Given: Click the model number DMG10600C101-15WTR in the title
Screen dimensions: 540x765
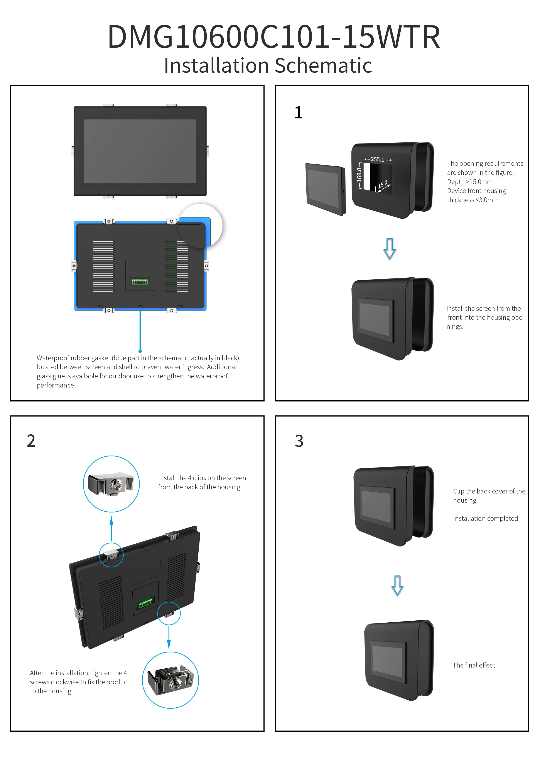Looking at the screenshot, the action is pos(274,37).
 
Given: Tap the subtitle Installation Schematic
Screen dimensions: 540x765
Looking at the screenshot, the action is pos(268,65).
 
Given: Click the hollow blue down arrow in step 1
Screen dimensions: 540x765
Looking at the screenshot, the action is pos(390,249).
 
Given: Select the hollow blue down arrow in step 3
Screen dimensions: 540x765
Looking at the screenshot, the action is pos(397,585).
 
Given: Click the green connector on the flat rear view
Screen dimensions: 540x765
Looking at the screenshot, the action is pos(140,282).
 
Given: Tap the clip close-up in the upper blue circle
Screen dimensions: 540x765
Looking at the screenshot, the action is pos(111,484).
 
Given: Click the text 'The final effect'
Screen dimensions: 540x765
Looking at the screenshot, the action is pos(474,665).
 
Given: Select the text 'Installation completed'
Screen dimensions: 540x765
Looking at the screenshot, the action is pos(485,518).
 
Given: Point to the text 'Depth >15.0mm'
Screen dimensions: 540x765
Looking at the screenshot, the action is pos(469,182).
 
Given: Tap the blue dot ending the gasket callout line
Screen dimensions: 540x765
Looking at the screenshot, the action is pos(140,351).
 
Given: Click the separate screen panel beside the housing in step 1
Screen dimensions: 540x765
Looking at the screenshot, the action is pos(325,189).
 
